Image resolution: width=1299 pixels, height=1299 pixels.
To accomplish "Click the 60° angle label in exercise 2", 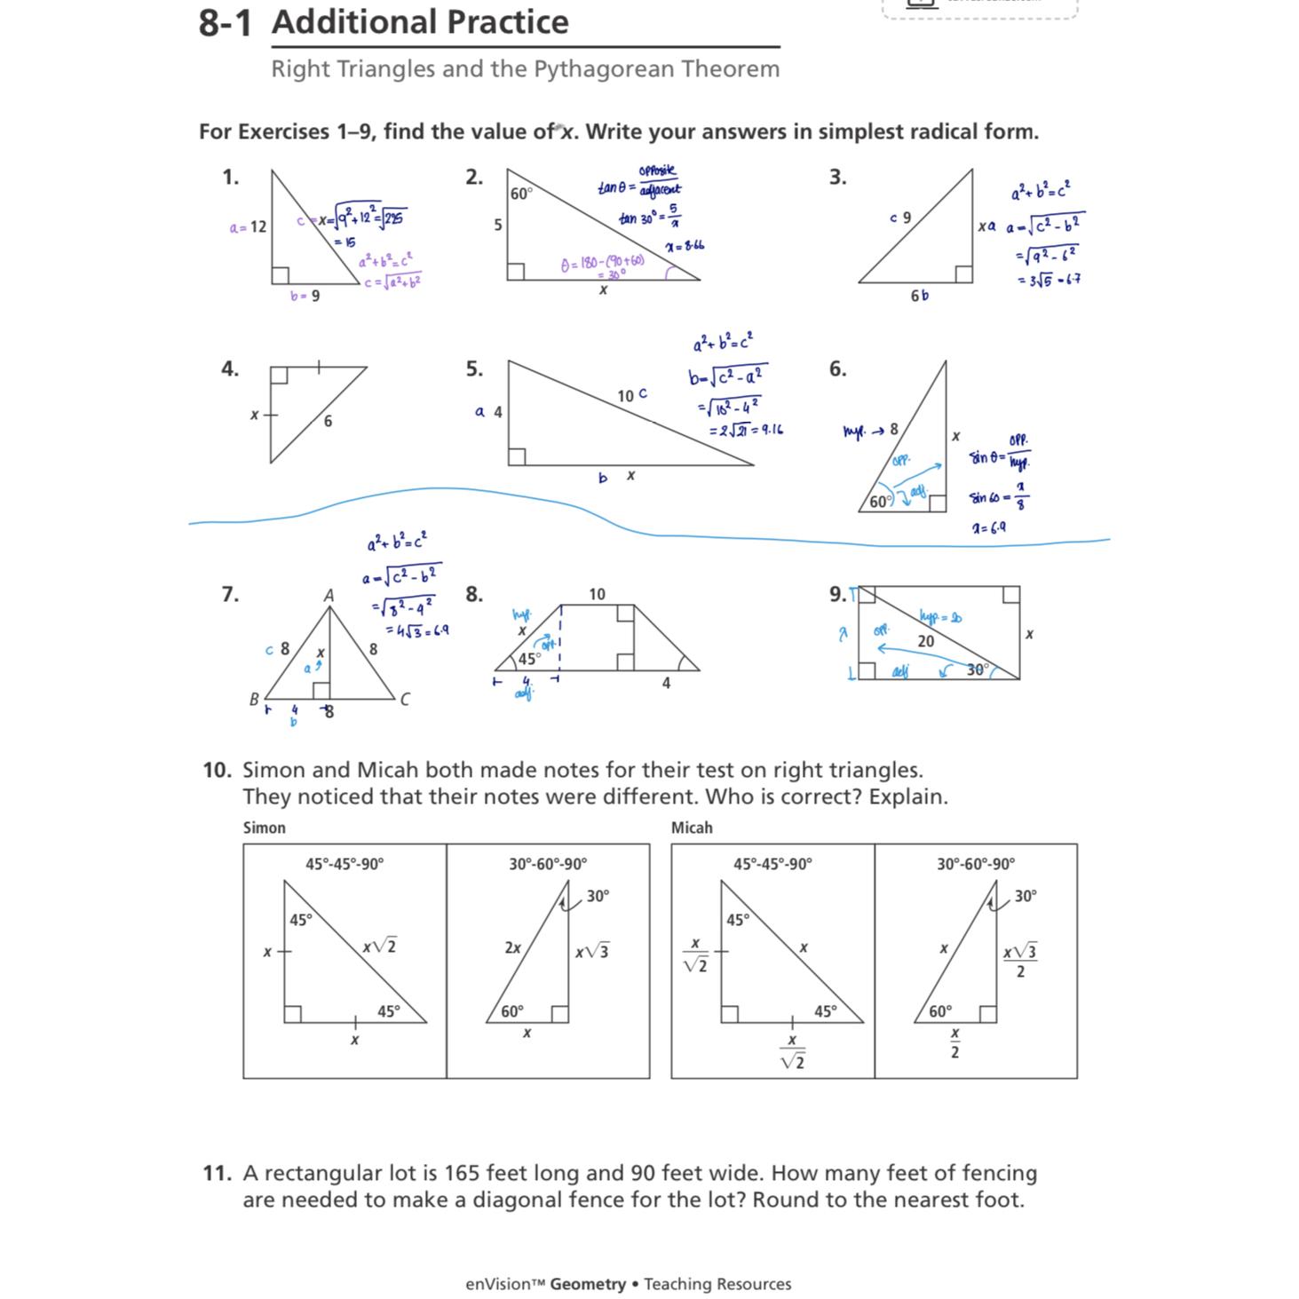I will coord(521,193).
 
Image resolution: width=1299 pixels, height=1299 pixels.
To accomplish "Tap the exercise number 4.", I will coord(229,368).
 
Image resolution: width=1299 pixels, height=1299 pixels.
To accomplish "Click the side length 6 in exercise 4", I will coord(328,421).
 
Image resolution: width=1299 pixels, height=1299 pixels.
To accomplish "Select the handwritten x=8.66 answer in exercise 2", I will coord(685,245).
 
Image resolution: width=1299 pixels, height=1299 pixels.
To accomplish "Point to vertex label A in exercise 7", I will coord(329,596).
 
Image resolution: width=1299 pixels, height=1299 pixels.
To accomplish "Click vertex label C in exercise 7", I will coord(405,700).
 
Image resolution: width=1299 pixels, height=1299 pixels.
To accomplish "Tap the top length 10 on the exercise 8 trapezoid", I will coord(597,594).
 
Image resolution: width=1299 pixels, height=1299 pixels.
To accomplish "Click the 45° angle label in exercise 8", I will coord(529,659).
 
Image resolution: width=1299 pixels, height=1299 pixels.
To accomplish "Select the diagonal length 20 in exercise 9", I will coord(926,641).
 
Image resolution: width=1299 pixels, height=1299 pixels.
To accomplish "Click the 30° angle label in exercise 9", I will coord(977,669).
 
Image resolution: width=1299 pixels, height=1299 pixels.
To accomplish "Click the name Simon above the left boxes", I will coord(264,828).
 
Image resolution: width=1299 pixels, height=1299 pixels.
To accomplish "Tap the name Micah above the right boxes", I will coord(691,828).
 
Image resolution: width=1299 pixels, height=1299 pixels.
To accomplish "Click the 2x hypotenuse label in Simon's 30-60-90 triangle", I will coord(512,947).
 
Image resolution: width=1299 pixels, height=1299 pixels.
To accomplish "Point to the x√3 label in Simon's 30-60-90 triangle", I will coord(591,952).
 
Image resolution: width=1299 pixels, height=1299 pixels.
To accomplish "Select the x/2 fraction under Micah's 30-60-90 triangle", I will coord(954,1043).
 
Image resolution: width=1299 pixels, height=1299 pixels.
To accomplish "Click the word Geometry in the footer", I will coord(587,1284).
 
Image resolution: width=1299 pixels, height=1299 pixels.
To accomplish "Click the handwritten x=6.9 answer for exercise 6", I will coord(988,527).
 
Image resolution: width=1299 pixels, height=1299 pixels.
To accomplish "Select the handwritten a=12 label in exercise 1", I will coord(248,227).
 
